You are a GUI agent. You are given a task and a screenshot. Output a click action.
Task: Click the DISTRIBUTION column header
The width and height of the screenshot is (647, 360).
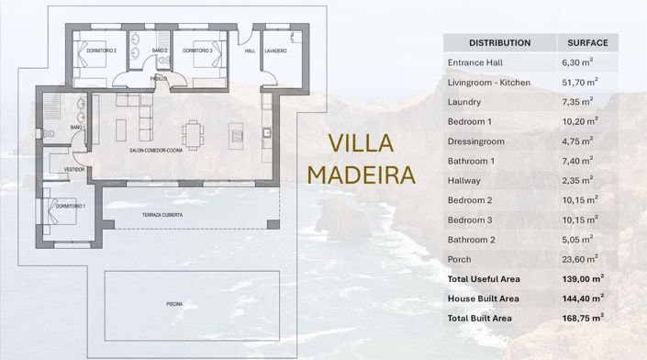coord(499,42)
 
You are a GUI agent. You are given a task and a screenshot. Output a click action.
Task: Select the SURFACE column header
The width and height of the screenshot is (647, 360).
coord(587,42)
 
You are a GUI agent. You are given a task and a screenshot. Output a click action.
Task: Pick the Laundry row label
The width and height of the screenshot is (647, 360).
coord(464,102)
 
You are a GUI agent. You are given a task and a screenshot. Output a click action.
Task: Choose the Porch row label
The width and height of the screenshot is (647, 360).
coord(460,259)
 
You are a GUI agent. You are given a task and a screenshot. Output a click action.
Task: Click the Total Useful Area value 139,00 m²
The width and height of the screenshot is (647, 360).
coord(582,278)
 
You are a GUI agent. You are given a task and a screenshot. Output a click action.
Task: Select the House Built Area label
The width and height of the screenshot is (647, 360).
coord(484,298)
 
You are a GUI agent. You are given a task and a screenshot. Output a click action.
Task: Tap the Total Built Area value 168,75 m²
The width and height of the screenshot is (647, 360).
coord(582,318)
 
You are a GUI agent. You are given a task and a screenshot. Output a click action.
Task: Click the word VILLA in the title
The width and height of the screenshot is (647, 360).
coord(361,144)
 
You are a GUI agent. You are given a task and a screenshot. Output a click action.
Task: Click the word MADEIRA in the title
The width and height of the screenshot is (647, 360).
coord(362,174)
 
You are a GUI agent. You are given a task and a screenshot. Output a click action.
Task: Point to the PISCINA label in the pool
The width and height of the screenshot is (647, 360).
coord(174,303)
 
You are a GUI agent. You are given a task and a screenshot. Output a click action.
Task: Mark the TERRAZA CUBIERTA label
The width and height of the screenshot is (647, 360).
coord(162,215)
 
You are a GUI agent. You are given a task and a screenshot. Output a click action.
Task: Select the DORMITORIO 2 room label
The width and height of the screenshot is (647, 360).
coord(102,51)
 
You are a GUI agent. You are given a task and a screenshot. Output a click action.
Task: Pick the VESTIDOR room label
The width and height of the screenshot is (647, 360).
coord(74,170)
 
